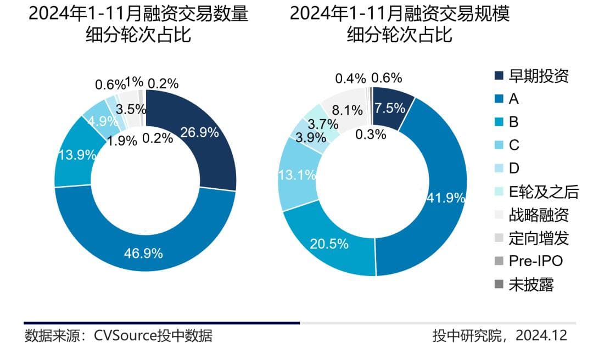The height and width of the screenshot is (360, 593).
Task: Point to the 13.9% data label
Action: click(76, 155)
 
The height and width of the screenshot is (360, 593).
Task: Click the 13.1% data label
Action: click(297, 175)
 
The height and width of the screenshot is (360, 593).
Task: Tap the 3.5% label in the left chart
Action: click(131, 109)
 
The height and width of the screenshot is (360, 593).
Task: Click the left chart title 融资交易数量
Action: click(138, 13)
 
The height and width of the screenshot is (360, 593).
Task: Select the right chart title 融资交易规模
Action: click(399, 13)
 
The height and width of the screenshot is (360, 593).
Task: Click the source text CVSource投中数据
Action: click(153, 335)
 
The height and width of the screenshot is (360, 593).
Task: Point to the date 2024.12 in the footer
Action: click(541, 335)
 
